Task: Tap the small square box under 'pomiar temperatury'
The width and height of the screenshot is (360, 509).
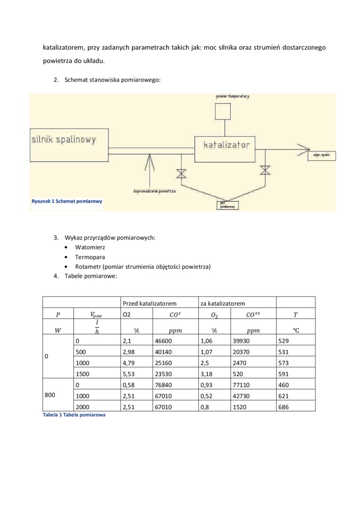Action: tap(222, 111)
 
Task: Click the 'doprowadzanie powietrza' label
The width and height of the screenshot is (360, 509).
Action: tap(154, 191)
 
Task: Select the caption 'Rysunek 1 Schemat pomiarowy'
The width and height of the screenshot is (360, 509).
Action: tap(67, 201)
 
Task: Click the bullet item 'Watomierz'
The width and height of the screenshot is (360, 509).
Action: tap(90, 247)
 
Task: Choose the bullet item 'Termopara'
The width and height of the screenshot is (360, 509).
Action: tap(90, 257)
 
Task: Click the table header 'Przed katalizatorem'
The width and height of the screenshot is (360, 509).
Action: tap(150, 303)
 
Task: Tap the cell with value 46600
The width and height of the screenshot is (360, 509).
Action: tap(163, 340)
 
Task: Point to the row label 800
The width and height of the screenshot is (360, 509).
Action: tap(51, 396)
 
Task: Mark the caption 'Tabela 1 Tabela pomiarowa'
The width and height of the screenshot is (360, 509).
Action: tap(74, 415)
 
